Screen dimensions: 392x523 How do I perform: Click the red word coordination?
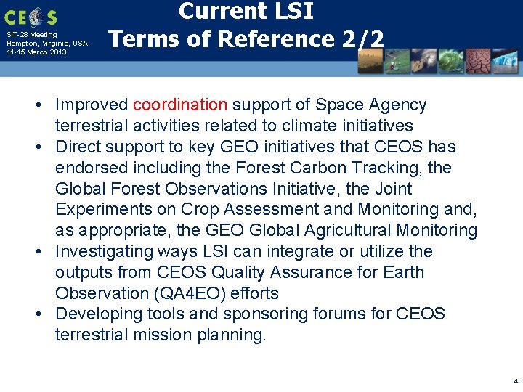180,105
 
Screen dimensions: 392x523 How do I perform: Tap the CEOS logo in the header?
31,16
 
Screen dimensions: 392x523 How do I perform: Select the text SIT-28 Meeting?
31,35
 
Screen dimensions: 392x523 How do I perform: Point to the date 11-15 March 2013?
36,52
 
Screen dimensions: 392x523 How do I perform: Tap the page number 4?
515,380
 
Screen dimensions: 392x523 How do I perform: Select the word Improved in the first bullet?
92,105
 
